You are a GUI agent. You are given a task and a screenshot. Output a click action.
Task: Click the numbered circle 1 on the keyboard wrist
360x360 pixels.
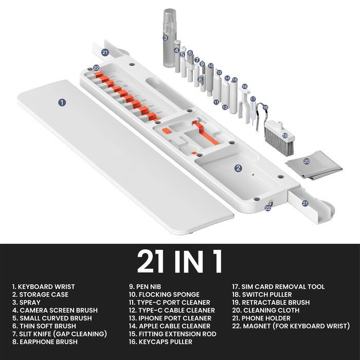(62, 102)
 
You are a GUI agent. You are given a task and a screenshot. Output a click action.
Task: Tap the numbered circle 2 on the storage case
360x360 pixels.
(238, 168)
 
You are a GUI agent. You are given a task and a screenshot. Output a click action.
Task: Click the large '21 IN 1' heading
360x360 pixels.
(179, 261)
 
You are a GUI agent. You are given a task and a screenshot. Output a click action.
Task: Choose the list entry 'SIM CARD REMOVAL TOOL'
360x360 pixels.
(278, 286)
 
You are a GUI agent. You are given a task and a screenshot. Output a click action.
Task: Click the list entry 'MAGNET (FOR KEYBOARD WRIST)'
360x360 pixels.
(291, 326)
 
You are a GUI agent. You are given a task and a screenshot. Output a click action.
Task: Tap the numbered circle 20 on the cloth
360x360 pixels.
(307, 161)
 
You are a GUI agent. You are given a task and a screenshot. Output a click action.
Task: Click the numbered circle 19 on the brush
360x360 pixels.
(285, 135)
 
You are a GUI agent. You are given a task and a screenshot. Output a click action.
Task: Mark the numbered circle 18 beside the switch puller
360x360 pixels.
(265, 108)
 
